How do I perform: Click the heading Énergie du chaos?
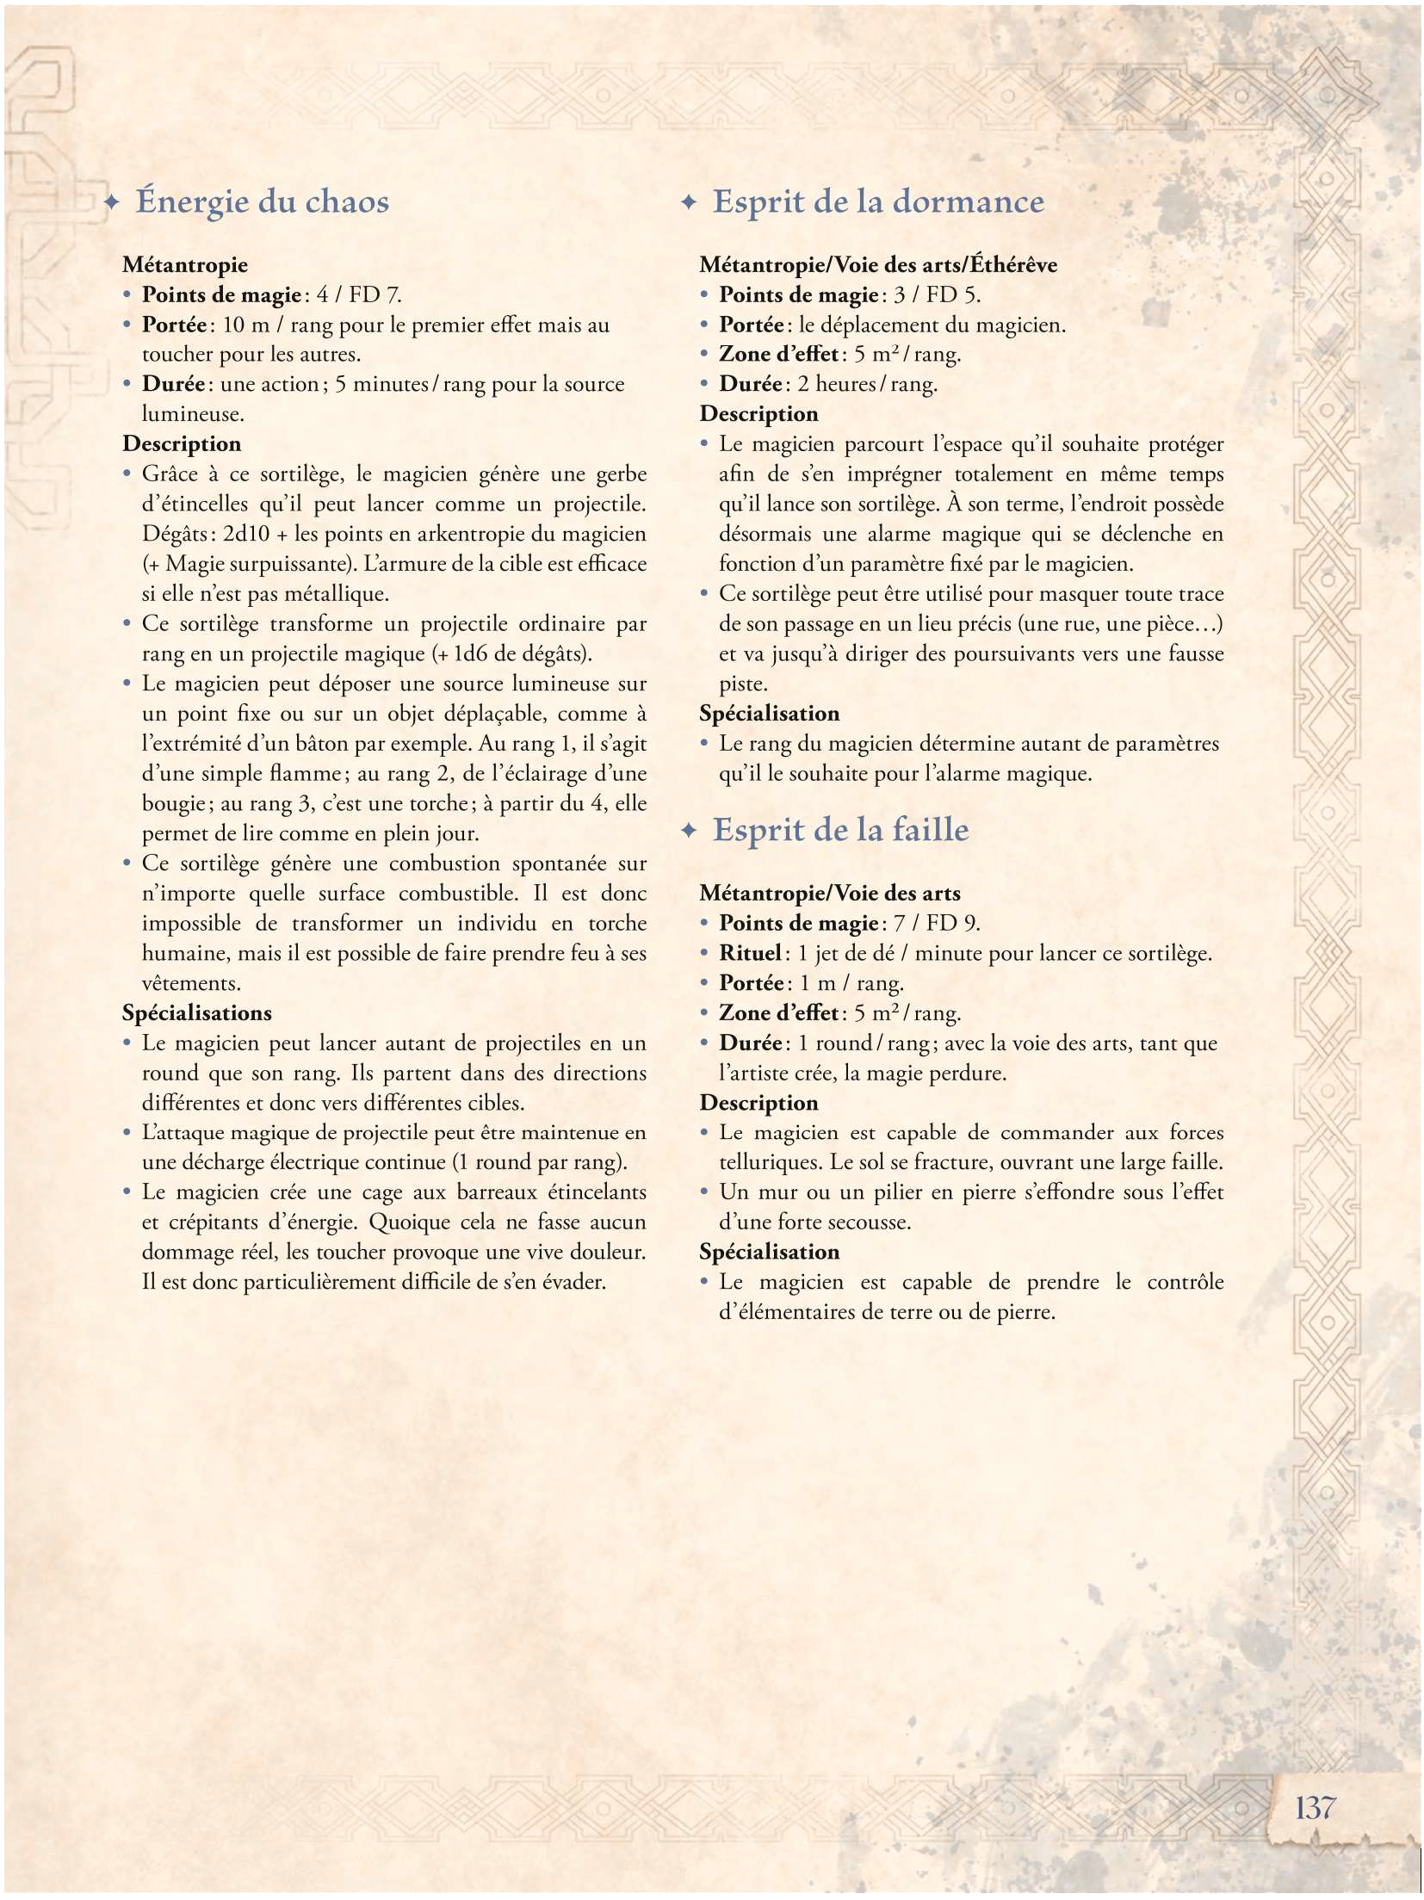point(262,201)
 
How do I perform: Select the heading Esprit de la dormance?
point(877,201)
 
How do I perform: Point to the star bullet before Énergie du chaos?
point(111,203)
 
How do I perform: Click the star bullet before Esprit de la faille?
point(688,831)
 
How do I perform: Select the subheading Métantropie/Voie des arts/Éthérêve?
point(878,264)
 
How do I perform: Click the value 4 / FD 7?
point(359,294)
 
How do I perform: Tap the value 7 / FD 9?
point(937,923)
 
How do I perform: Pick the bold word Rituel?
point(750,953)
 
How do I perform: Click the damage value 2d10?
point(246,534)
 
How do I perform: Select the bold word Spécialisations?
point(197,1012)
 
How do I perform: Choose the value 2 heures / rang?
point(867,384)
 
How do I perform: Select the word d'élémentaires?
point(787,1312)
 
